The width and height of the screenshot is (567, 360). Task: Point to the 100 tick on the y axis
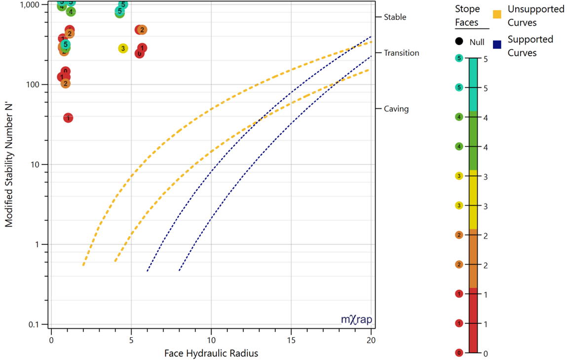coord(39,85)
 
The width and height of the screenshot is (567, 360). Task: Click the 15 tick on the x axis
coord(291,340)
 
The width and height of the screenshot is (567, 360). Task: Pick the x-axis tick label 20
coord(371,340)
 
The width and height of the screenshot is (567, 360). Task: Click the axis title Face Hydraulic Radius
coord(211,353)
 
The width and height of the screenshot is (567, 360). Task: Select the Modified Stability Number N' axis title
coord(9,162)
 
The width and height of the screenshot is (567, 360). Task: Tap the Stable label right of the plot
coord(395,17)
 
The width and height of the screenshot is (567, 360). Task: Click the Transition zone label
coord(401,53)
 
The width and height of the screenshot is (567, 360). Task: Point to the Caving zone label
coord(396,109)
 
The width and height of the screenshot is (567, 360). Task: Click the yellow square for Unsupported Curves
coord(497,14)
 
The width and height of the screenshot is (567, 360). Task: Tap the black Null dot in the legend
coord(459,42)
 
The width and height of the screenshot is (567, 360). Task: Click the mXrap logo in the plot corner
coord(356,320)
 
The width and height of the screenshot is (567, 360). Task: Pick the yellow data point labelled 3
coord(123,48)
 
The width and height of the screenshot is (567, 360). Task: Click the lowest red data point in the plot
coord(68,118)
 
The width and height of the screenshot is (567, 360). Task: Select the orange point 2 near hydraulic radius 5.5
coord(142,30)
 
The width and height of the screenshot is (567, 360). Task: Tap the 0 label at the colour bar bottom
coord(485,354)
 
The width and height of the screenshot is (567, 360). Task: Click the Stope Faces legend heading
coord(466,15)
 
